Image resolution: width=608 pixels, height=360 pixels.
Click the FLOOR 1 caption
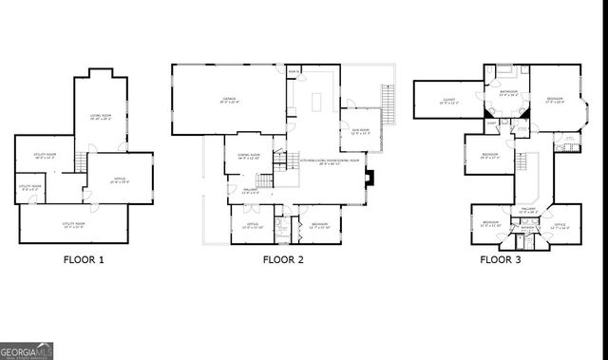(x=84, y=258)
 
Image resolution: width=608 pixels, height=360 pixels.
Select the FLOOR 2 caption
(x=283, y=258)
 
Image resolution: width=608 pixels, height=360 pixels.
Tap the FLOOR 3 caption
(x=501, y=258)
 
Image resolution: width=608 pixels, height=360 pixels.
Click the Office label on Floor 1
(x=120, y=178)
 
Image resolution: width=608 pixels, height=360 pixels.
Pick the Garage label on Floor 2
(x=229, y=99)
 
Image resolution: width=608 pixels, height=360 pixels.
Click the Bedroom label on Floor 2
(x=319, y=225)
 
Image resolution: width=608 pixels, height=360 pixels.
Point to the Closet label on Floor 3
(x=448, y=100)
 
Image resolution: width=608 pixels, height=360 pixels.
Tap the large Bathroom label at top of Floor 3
(x=508, y=92)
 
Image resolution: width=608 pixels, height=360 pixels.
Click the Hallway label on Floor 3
(x=530, y=211)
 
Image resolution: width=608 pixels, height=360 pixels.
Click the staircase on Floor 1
(x=82, y=167)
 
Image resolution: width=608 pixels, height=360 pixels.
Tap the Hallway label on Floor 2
(x=250, y=190)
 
